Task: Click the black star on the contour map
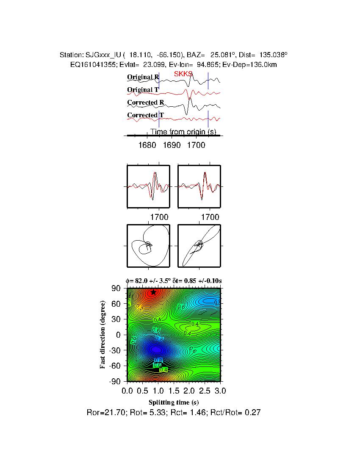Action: pyautogui.click(x=153, y=292)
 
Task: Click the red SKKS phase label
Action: pyautogui.click(x=183, y=74)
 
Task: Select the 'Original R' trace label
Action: pyautogui.click(x=143, y=77)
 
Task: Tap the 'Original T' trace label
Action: pyautogui.click(x=143, y=90)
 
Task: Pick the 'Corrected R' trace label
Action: pyautogui.click(x=145, y=103)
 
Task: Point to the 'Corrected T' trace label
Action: pyautogui.click(x=145, y=115)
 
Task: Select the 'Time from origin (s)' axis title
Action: pyautogui.click(x=183, y=132)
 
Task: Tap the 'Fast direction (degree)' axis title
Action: pyautogui.click(x=103, y=335)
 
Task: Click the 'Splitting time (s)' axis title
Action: pyautogui.click(x=174, y=402)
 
